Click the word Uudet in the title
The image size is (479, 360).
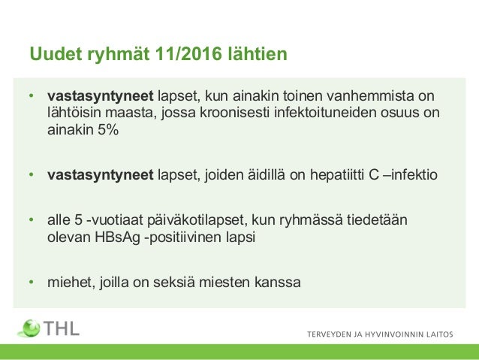coord(50,55)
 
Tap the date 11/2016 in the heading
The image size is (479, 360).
coord(183,55)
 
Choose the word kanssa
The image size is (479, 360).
coord(278,283)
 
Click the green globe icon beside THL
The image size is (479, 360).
coord(31,328)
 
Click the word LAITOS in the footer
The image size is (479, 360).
coord(438,336)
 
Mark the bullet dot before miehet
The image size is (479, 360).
coord(31,283)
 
